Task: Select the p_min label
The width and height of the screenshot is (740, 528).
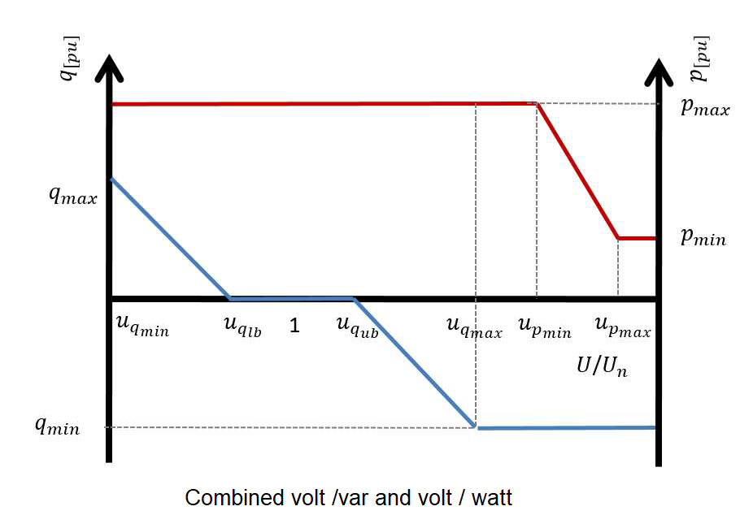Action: coord(703,239)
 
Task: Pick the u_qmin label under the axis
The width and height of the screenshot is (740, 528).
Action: coord(142,327)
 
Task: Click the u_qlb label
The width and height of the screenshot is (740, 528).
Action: coord(242,327)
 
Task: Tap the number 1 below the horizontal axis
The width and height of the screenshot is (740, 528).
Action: coord(294,327)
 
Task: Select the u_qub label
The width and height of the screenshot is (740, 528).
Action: coord(357,327)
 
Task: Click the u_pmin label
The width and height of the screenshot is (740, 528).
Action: coord(543,327)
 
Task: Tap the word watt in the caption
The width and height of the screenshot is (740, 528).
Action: coord(491,497)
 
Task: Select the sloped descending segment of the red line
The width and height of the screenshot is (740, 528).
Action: coord(578,171)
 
